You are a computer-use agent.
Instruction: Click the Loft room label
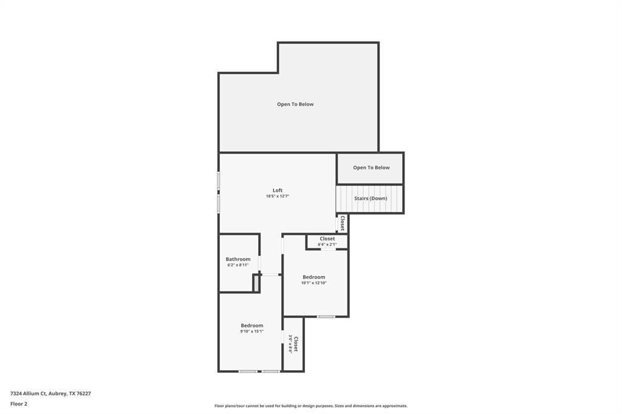pos(278,190)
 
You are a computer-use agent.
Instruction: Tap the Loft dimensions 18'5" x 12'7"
pos(278,197)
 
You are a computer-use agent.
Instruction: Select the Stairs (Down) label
pos(371,199)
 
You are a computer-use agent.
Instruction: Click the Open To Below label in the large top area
pos(295,104)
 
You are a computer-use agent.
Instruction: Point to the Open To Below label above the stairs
pos(371,168)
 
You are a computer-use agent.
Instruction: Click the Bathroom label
pos(238,259)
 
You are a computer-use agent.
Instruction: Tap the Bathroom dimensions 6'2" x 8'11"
pos(238,265)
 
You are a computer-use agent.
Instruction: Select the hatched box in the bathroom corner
pos(256,283)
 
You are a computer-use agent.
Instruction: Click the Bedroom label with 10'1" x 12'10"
pos(314,277)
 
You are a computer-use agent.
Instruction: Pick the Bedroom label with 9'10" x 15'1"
pos(251,325)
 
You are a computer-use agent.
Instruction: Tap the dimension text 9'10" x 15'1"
pos(251,331)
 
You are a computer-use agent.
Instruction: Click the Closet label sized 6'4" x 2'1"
pos(327,239)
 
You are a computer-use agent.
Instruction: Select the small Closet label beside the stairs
pos(343,223)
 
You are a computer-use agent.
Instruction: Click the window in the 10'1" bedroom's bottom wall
pos(326,316)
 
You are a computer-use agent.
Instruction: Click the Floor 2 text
pos(19,404)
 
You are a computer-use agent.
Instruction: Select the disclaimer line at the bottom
pos(311,406)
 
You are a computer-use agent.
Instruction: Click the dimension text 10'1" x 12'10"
pos(314,283)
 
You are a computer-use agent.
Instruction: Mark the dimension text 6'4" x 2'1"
pos(327,245)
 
